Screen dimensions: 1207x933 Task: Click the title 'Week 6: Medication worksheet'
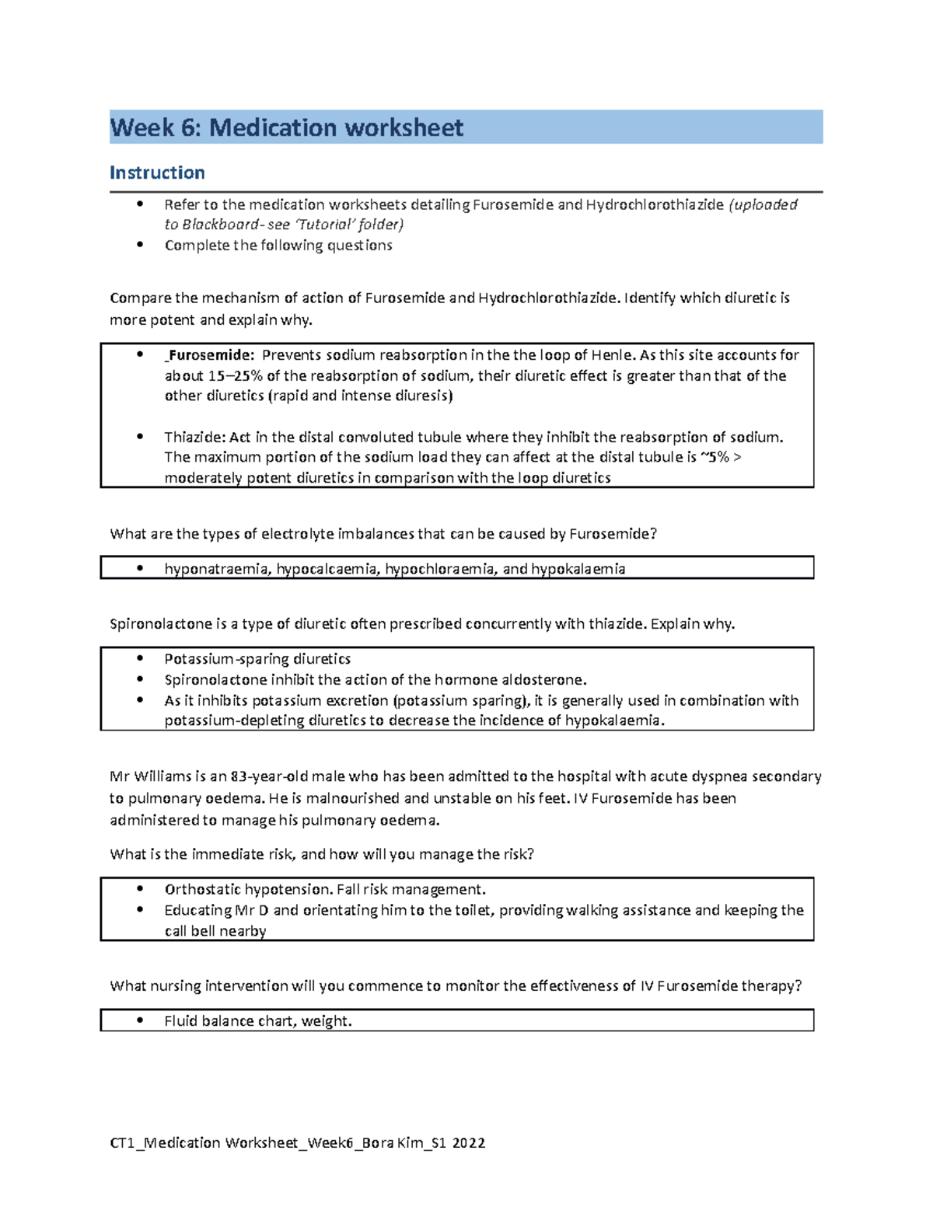[286, 127]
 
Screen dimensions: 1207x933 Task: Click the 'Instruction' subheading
[157, 173]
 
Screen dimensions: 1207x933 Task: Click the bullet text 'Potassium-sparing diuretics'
[257, 659]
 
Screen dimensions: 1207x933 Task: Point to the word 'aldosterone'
[544, 680]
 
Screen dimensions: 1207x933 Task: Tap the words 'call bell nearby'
[215, 931]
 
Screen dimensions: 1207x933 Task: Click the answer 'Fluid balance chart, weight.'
[258, 1021]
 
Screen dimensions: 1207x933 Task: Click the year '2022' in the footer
[469, 1142]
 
